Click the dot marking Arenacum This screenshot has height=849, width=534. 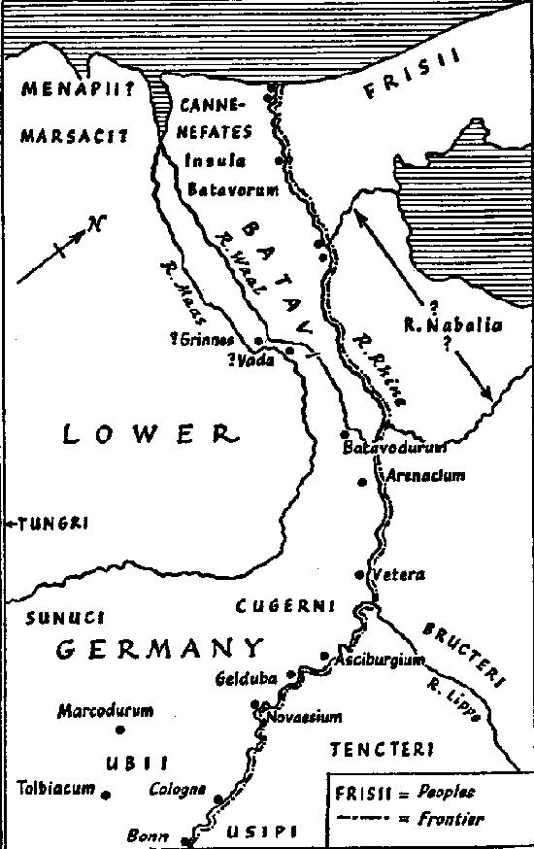pos(362,482)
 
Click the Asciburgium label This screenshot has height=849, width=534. pos(381,661)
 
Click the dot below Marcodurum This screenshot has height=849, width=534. pos(120,730)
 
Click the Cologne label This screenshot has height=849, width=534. pos(177,790)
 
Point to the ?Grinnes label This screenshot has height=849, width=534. pos(209,339)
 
